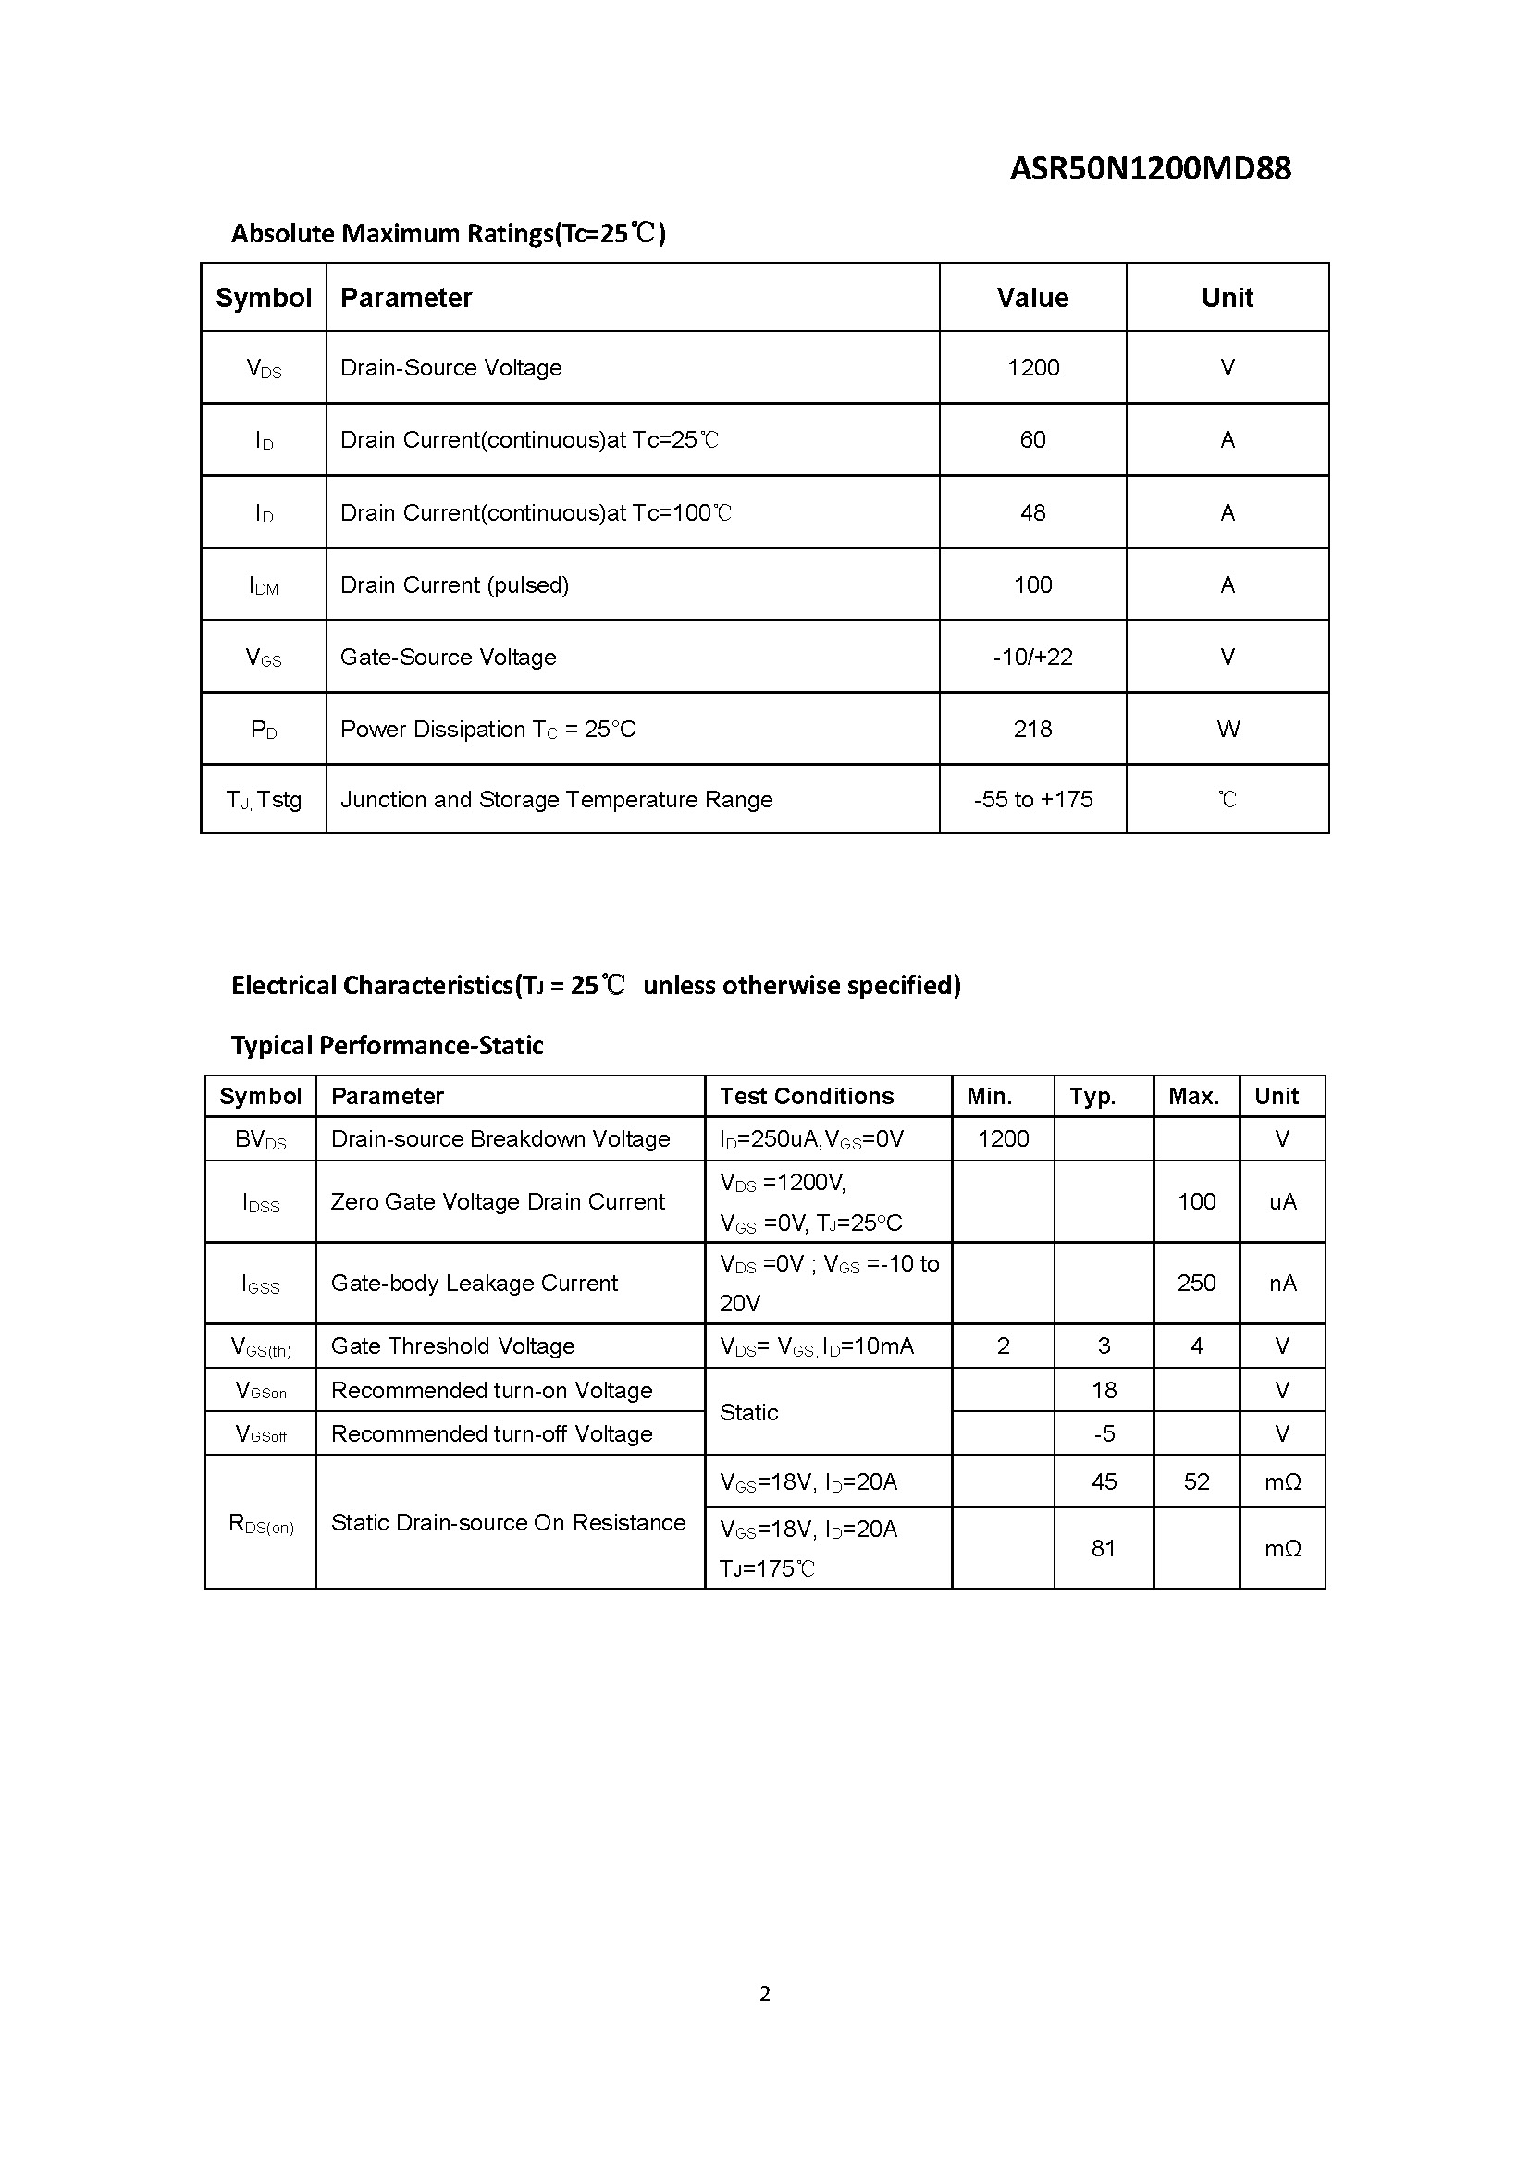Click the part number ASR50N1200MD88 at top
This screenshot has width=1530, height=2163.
pyautogui.click(x=1150, y=168)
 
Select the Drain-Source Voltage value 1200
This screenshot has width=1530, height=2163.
pyautogui.click(x=1032, y=367)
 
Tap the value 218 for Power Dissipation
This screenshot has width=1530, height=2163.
pyautogui.click(x=1032, y=729)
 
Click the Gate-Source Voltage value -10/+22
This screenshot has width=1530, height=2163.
pyautogui.click(x=1032, y=657)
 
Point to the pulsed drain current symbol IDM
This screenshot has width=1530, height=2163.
pyautogui.click(x=264, y=586)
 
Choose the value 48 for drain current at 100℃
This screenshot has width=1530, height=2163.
pyautogui.click(x=1032, y=512)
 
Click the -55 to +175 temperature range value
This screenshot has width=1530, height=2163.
pyautogui.click(x=1032, y=800)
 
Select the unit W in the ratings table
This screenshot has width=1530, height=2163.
pyautogui.click(x=1228, y=729)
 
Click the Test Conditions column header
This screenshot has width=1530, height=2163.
pyautogui.click(x=807, y=1097)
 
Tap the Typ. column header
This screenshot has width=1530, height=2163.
pyautogui.click(x=1092, y=1097)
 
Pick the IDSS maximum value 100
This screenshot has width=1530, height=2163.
pyautogui.click(x=1196, y=1201)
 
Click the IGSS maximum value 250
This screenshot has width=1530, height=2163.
pyautogui.click(x=1196, y=1284)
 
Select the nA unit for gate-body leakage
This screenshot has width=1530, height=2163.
pyautogui.click(x=1282, y=1284)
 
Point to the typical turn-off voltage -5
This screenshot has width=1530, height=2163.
pyautogui.click(x=1104, y=1434)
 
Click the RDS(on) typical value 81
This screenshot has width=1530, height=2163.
pyautogui.click(x=1104, y=1548)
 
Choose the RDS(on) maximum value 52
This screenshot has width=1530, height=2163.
pyautogui.click(x=1196, y=1481)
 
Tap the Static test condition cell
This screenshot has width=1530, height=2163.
pyautogui.click(x=749, y=1412)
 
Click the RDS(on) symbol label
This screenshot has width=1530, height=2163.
pyautogui.click(x=261, y=1524)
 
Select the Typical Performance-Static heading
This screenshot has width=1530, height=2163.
pyautogui.click(x=388, y=1046)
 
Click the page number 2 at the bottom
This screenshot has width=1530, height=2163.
pyautogui.click(x=765, y=1994)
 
